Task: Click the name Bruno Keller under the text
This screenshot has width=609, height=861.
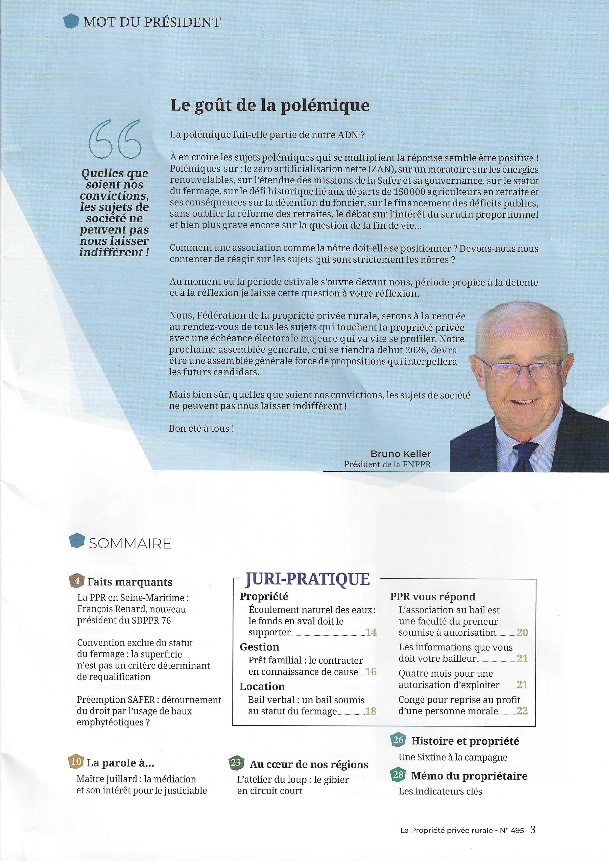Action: (x=401, y=454)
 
